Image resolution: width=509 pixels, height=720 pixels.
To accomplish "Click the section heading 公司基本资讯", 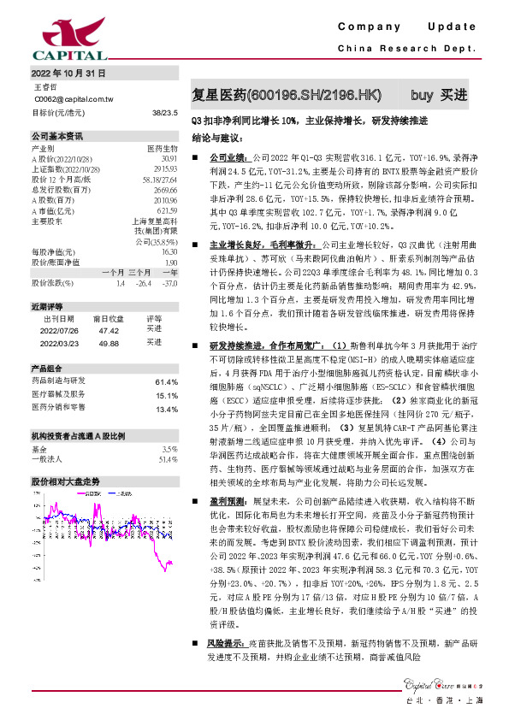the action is pos(57,136).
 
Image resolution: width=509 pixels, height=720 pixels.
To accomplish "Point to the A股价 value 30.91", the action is pos(169,159).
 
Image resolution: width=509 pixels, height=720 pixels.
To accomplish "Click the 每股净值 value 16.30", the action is pos(169,252).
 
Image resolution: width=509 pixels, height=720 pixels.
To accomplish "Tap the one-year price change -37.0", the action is pos(169,281).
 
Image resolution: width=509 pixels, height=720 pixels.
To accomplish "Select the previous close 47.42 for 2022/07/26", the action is pos(109,328).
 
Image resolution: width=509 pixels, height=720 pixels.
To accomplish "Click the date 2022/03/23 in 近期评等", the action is pos(59,341).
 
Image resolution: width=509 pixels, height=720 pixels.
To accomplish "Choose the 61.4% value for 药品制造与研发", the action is pos(166,381).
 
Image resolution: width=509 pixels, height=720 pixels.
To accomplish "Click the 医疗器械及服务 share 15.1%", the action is pos(166,395).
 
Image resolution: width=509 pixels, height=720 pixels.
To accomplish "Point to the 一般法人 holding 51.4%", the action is pos(168,459).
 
